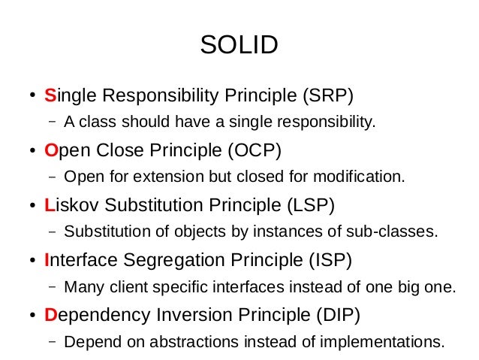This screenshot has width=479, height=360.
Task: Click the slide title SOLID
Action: point(239,45)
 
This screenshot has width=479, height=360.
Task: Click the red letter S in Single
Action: point(50,95)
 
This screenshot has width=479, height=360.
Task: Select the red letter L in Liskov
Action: point(50,205)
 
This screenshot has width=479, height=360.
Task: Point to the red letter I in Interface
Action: point(47,260)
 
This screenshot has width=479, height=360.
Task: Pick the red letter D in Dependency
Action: point(51,315)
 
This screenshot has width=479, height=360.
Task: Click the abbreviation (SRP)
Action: point(327,95)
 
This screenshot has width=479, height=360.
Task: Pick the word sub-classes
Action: point(398,231)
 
